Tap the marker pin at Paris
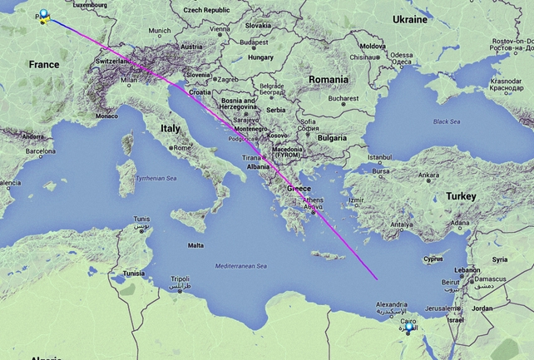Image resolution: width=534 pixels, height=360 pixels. pyautogui.click(x=43, y=16)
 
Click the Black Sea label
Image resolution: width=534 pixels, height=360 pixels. pyautogui.click(x=446, y=121)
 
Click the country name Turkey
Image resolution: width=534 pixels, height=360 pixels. pyautogui.click(x=461, y=195)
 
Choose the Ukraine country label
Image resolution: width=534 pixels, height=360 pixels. pyautogui.click(x=409, y=18)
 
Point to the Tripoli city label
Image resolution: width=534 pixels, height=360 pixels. pyautogui.click(x=180, y=280)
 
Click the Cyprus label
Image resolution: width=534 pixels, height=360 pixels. pyautogui.click(x=434, y=259)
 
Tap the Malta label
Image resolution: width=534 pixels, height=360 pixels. pyautogui.click(x=195, y=245)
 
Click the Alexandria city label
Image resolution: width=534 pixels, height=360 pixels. pyautogui.click(x=392, y=306)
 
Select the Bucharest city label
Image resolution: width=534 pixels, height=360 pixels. pyautogui.click(x=343, y=98)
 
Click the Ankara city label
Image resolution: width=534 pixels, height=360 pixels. pyautogui.click(x=429, y=175)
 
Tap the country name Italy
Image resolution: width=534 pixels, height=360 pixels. pyautogui.click(x=171, y=129)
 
